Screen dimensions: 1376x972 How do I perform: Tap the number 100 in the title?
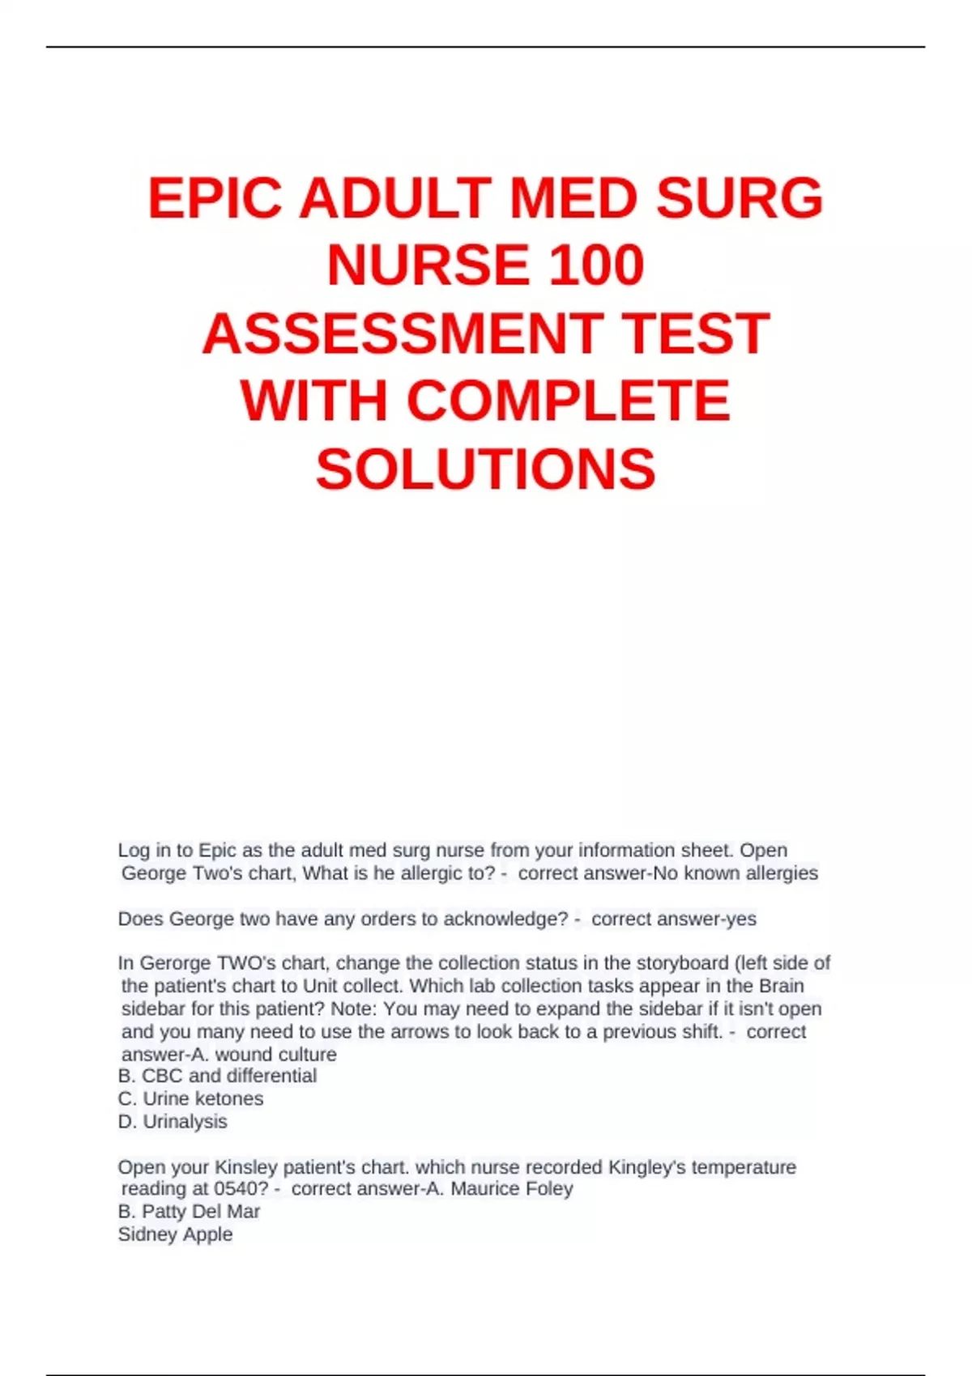click(596, 265)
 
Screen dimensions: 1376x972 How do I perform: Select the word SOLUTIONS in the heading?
click(485, 469)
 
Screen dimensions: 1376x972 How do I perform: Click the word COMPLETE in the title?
click(569, 401)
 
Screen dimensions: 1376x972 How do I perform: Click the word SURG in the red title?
click(739, 198)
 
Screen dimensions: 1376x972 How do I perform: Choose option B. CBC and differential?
click(217, 1076)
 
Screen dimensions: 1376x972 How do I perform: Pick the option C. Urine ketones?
click(190, 1098)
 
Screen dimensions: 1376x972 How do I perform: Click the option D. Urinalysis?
click(173, 1121)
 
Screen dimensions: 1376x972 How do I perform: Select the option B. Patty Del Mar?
click(189, 1212)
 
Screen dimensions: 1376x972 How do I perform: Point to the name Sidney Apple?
click(175, 1234)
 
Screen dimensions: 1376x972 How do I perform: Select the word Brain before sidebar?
click(781, 986)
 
